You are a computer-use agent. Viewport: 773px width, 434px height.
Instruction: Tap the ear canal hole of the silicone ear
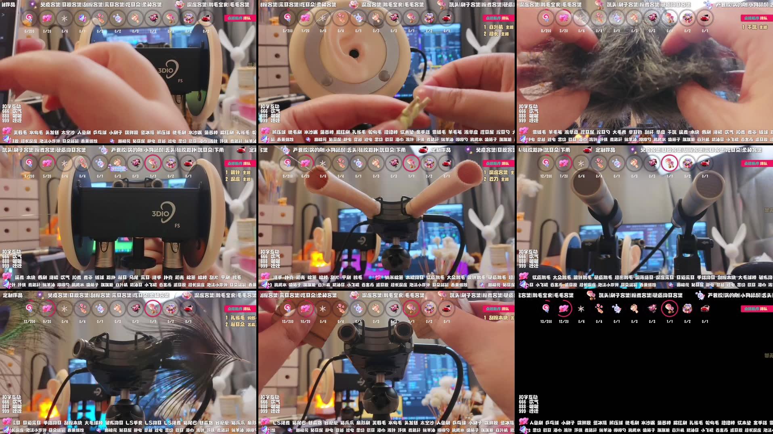pos(354,53)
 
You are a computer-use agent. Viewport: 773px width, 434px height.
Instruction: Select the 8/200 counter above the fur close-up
pos(546,31)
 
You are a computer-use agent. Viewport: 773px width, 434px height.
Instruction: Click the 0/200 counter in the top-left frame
pos(29,31)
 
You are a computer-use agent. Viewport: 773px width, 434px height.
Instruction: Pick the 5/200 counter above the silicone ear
pos(287,31)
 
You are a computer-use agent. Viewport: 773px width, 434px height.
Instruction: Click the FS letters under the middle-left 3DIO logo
pos(177,226)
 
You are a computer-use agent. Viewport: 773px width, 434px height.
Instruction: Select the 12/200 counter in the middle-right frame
pos(546,176)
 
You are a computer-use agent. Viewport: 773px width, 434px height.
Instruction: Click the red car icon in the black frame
pos(705,309)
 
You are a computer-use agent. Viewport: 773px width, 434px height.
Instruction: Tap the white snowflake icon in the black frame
pos(581,309)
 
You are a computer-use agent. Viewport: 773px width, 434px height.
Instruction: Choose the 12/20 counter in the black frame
pos(564,322)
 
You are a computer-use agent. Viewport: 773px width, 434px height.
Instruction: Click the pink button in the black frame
pos(755,309)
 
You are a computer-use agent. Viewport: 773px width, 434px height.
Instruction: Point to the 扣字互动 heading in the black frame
pos(528,397)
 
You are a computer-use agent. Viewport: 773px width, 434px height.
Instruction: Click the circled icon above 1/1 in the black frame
pos(669,309)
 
